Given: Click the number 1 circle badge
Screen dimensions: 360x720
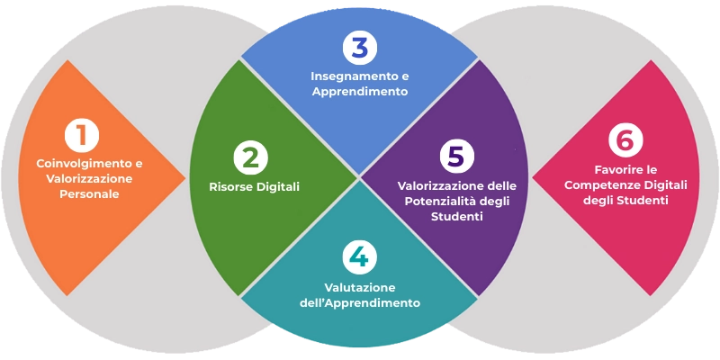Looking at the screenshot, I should (82, 137).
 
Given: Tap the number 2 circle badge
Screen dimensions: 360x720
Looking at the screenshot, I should (250, 157).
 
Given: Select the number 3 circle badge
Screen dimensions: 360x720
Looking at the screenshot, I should (359, 47).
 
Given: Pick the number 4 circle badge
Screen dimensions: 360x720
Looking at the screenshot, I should (359, 256).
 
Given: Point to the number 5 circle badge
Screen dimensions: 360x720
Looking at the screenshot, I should (457, 156).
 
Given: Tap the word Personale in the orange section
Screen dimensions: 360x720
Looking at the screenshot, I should (89, 194).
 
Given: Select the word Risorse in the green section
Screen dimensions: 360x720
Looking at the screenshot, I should (229, 187).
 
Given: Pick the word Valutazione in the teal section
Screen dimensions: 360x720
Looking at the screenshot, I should (359, 286).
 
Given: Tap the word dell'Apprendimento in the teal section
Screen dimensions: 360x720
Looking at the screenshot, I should (359, 302).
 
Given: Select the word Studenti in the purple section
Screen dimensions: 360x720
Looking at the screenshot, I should (457, 217).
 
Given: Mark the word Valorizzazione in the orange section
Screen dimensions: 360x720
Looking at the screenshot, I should (89, 179).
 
